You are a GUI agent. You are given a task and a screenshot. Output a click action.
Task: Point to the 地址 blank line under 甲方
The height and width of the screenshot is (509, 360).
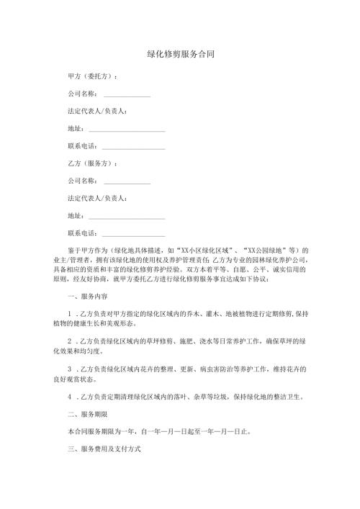tap(126, 130)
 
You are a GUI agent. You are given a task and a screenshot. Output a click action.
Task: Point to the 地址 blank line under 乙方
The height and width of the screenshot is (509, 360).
tap(126, 216)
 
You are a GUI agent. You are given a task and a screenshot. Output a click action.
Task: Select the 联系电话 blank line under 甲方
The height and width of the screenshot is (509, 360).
tap(134, 147)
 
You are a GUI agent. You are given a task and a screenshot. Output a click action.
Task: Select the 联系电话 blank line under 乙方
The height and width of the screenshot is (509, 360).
tap(134, 233)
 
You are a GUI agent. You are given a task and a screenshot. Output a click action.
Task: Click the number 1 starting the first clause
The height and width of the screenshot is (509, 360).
tap(69, 313)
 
